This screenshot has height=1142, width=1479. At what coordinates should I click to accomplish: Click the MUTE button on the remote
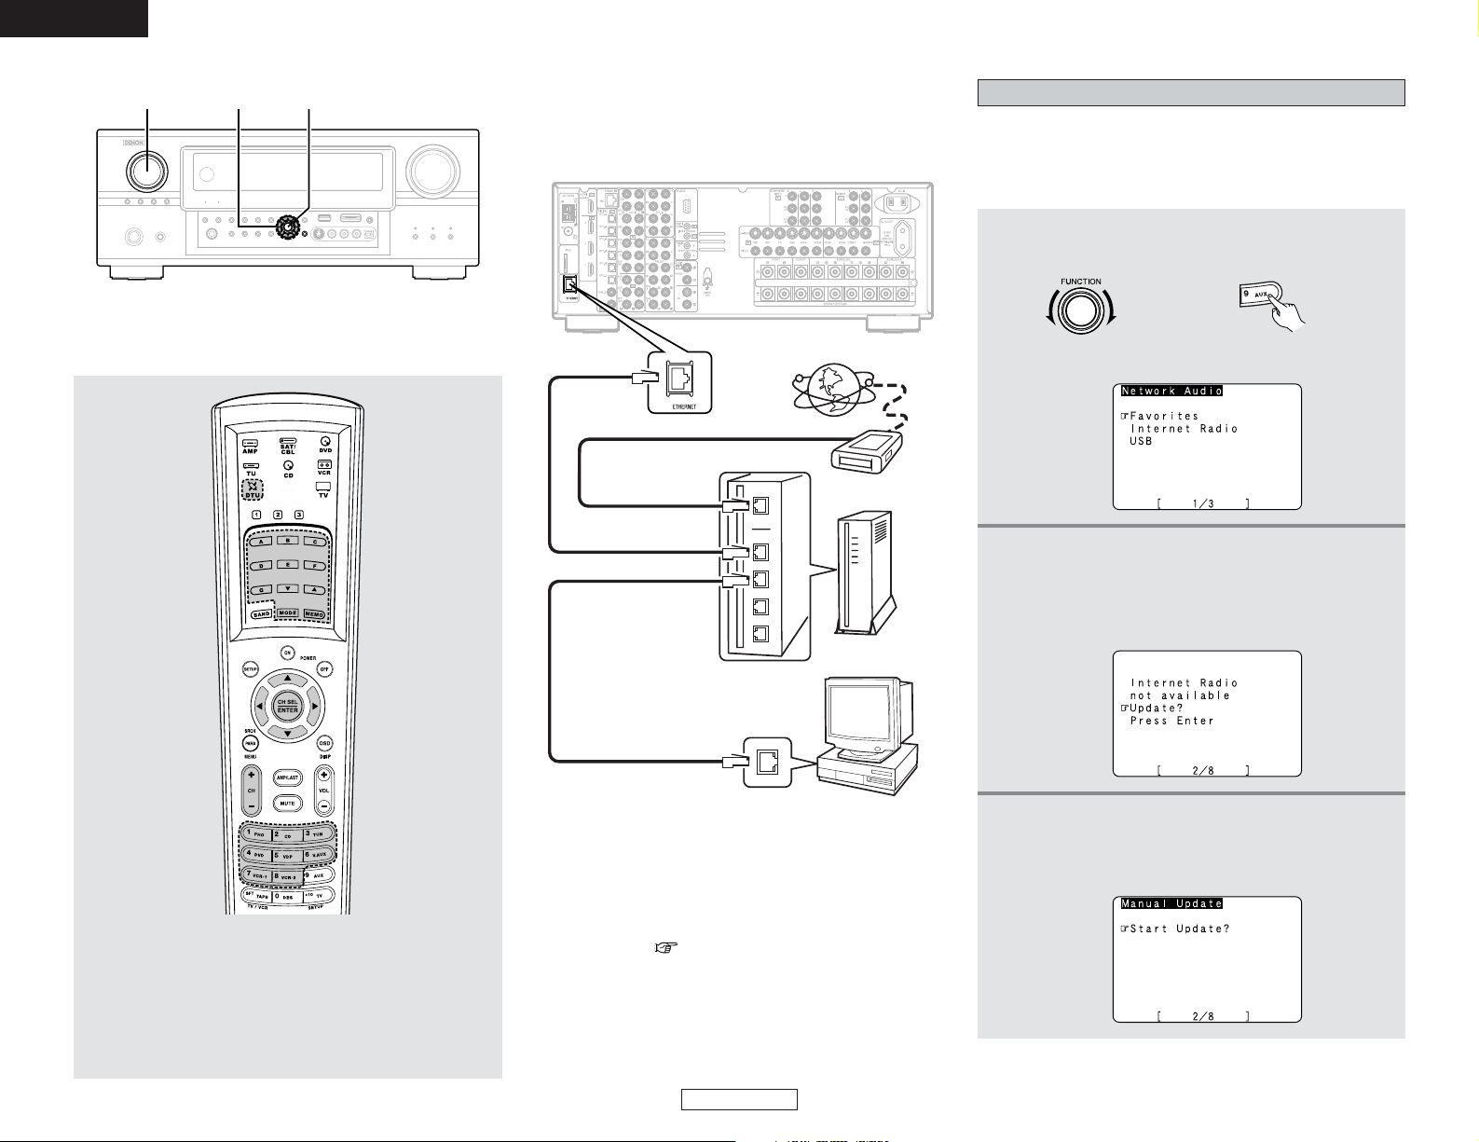(287, 803)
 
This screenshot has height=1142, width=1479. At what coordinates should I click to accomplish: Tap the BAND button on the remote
(260, 613)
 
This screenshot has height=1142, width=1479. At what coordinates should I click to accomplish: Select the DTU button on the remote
(252, 490)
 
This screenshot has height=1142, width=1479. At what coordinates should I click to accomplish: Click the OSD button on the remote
(324, 743)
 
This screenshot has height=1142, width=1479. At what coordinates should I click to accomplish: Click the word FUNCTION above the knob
(1080, 282)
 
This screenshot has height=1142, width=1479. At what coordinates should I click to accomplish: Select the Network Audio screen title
(1171, 392)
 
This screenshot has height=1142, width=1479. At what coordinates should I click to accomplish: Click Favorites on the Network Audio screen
(1164, 417)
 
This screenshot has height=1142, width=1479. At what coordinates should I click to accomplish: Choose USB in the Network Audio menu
(1141, 442)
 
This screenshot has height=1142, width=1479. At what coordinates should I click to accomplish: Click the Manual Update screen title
(1171, 903)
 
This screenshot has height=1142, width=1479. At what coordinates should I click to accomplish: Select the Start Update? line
(1179, 929)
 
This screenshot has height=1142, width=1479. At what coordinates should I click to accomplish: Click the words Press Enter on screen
(1171, 721)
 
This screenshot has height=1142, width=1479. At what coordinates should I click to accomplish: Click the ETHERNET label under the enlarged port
(684, 406)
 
